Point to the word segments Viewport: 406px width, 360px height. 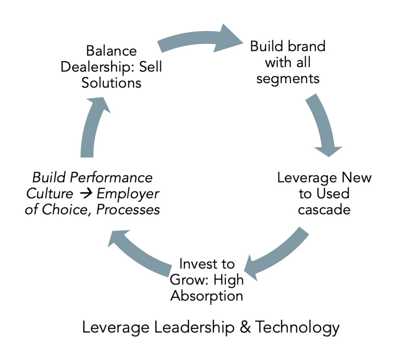288,78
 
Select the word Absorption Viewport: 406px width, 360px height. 207,295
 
